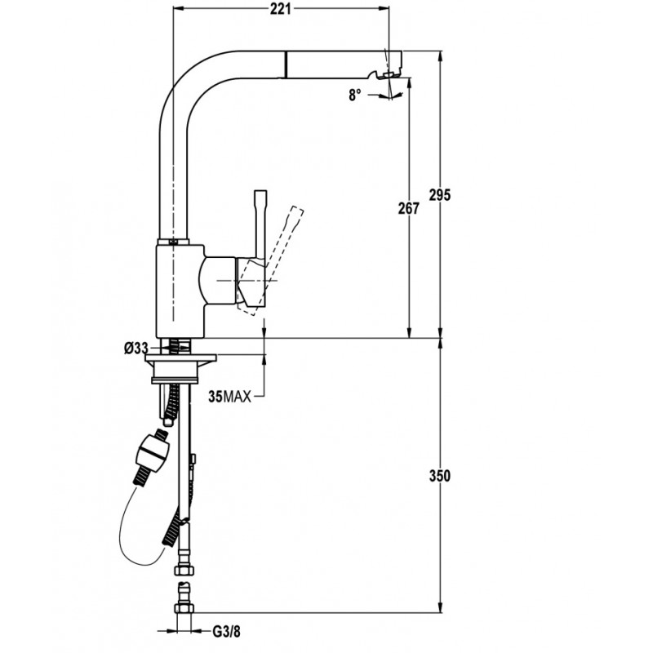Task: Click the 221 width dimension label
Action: tap(280, 8)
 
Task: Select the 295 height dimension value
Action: tap(440, 195)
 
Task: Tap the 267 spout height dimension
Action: tap(409, 208)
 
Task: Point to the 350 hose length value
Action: tap(440, 476)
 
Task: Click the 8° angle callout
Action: tap(355, 96)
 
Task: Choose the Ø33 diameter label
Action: tap(136, 349)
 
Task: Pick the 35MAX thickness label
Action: tap(230, 397)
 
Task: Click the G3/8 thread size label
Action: tap(227, 632)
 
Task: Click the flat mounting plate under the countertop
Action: tap(181, 358)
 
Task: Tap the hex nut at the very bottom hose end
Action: tap(184, 609)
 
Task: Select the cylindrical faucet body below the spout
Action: tap(180, 291)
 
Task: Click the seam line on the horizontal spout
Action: tap(286, 64)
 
